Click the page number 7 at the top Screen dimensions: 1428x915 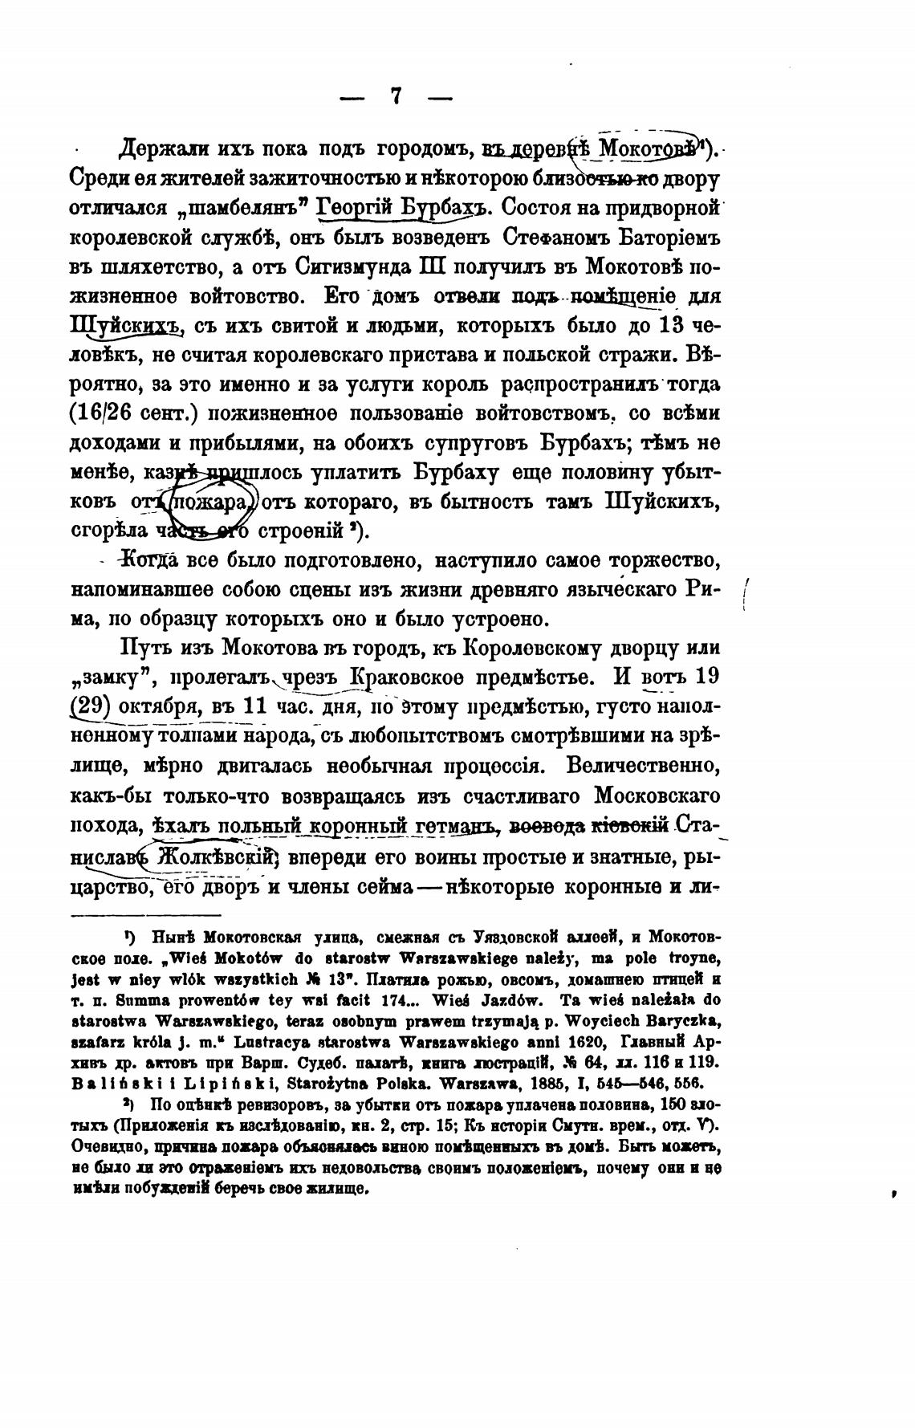[396, 96]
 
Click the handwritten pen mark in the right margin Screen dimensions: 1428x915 [746, 594]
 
